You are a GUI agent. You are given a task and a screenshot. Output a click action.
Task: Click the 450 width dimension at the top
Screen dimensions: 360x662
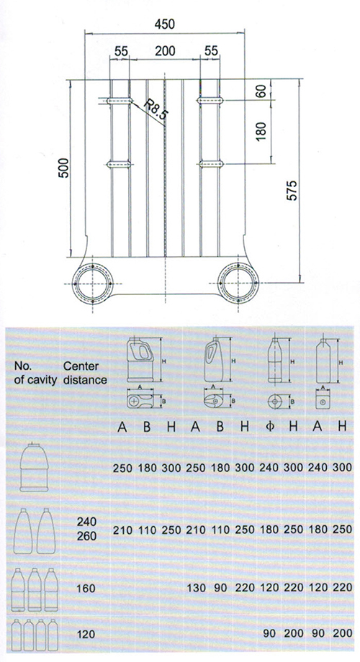164,24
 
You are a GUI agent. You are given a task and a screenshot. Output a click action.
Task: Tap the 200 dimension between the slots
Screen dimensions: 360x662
165,51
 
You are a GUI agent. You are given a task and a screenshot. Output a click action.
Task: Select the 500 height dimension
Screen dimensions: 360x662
63,168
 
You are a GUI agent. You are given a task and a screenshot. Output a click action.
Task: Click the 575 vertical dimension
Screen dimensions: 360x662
292,191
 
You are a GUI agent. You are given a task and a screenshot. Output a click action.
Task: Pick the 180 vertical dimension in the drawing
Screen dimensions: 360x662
261,131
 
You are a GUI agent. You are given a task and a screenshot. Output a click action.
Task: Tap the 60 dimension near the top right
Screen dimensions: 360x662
261,91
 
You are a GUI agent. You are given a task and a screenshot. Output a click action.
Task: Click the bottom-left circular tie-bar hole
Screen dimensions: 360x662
93,284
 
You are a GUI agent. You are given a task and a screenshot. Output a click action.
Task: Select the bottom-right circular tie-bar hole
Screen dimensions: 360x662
238,284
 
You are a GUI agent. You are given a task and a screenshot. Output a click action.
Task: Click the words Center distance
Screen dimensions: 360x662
85,373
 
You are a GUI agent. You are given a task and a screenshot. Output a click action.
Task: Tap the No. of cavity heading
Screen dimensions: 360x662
35,373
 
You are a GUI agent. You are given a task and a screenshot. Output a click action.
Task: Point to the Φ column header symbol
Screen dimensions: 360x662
271,427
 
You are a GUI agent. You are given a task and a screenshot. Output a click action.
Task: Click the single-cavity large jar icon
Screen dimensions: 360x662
34,468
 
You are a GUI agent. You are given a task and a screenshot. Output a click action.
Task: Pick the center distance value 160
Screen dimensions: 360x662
86,588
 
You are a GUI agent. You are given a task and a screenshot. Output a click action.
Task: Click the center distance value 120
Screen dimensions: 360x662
86,634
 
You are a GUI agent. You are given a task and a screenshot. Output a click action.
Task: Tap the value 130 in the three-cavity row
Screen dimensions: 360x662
196,588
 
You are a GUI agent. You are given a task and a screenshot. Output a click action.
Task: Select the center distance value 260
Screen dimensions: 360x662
86,536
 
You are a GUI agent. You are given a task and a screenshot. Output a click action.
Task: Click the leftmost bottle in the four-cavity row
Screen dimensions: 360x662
17,635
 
